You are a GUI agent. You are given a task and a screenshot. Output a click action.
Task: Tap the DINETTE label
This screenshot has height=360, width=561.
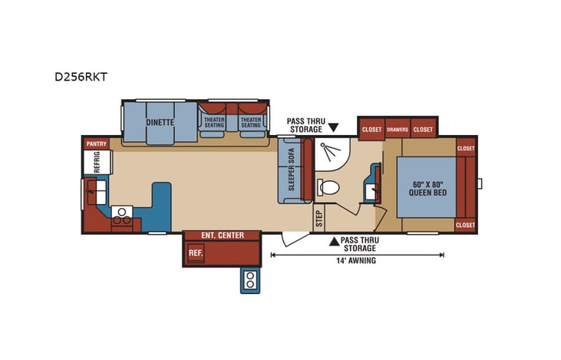tap(160, 122)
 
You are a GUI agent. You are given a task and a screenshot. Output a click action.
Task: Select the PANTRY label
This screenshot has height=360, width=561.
tap(96, 144)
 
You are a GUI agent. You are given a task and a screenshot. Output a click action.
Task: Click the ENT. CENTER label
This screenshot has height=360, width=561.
tap(222, 235)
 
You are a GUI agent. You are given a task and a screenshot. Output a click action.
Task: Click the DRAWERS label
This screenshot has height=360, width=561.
tap(397, 130)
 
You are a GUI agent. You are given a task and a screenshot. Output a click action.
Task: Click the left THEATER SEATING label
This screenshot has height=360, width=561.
tap(214, 122)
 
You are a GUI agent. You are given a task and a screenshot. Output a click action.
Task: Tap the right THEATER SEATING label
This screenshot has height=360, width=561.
tap(251, 122)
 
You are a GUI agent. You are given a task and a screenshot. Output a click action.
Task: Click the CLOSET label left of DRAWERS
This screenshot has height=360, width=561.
tap(371, 130)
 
